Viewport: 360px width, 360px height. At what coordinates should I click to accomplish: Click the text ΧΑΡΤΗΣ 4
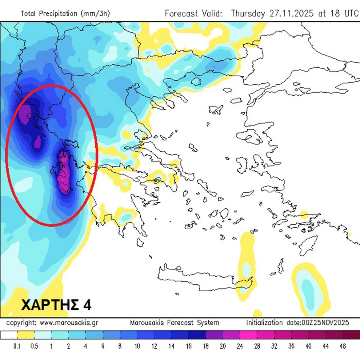pos(56,305)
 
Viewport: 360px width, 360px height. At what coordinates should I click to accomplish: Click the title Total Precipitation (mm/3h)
pos(65,14)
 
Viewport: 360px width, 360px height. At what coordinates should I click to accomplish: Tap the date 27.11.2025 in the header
pos(293,14)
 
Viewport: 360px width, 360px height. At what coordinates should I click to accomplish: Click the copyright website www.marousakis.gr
pos(69,323)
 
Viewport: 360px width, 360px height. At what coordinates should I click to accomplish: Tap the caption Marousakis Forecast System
pos(175,323)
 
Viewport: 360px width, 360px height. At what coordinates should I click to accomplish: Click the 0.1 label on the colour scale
pos(17,346)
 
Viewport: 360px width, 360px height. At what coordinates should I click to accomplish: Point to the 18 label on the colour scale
pos(205,346)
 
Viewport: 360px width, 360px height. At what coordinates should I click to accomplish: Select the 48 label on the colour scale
pos(343,346)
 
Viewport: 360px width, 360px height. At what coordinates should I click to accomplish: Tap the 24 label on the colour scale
pos(240,346)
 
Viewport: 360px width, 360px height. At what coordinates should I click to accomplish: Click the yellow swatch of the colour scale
pos(25,335)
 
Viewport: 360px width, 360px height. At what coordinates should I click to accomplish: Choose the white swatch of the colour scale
pos(8,335)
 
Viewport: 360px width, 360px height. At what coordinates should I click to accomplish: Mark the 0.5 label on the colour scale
pos(34,346)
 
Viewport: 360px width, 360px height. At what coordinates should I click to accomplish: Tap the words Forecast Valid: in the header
pos(193,14)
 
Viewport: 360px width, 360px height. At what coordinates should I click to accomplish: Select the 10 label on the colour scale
pos(137,346)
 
